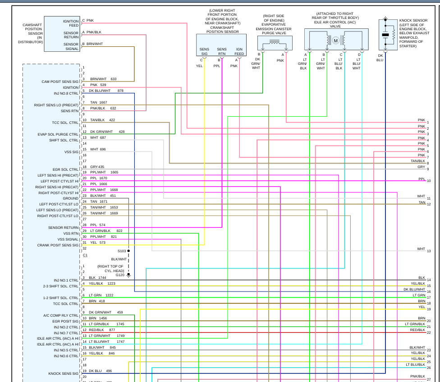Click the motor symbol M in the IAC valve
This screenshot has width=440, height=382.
[335, 41]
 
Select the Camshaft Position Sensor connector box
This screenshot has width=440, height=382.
[62, 34]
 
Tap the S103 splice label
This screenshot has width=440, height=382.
[122, 251]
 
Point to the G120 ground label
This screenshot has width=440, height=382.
[120, 275]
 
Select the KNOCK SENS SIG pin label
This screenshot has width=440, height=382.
[64, 373]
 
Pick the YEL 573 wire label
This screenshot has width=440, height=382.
[97, 242]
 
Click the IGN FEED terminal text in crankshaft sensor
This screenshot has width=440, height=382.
[239, 51]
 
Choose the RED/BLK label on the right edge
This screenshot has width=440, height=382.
[417, 330]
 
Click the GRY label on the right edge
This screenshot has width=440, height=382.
[421, 167]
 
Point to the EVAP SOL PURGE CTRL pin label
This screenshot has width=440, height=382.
[58, 134]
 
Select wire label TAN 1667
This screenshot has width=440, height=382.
[98, 103]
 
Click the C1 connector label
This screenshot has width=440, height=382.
[85, 255]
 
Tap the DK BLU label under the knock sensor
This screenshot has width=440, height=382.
[380, 57]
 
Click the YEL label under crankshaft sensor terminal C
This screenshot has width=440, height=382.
[199, 66]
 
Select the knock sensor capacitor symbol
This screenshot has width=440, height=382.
[385, 34]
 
